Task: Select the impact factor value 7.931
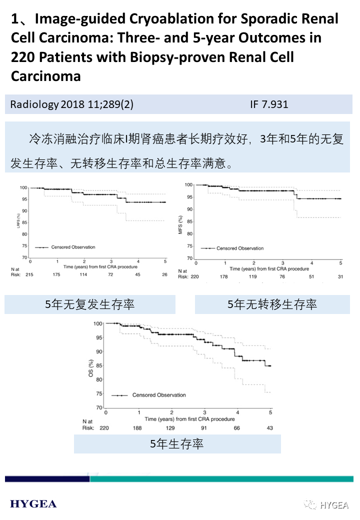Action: click(274, 104)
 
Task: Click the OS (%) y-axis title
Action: click(91, 366)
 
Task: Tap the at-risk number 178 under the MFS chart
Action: click(224, 276)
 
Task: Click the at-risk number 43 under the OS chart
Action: click(270, 428)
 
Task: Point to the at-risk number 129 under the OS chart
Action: click(171, 428)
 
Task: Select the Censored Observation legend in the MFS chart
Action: click(239, 248)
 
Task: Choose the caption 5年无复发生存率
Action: click(90, 304)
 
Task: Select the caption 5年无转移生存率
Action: click(272, 304)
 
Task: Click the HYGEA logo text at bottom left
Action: click(33, 504)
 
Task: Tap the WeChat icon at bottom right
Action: click(312, 504)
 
